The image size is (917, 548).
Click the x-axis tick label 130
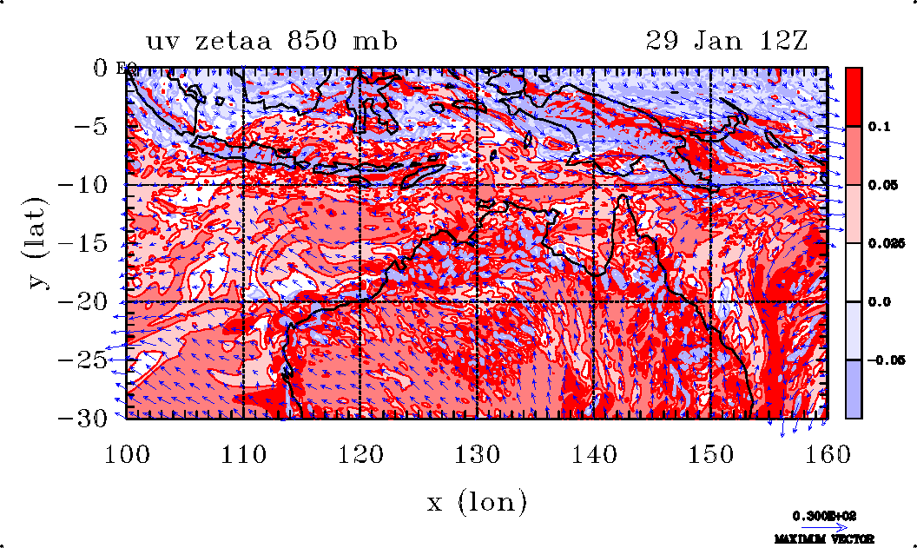pyautogui.click(x=477, y=452)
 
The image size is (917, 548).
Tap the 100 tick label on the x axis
pyautogui.click(x=127, y=452)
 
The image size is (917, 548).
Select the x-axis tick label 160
pyautogui.click(x=827, y=452)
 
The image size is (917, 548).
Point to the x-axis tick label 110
pyautogui.click(x=243, y=452)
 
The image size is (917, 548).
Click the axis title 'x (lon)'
pyautogui.click(x=477, y=501)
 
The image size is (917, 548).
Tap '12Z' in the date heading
pyautogui.click(x=784, y=41)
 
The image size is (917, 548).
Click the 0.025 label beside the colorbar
pyautogui.click(x=880, y=244)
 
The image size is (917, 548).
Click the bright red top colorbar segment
pyautogui.click(x=854, y=96)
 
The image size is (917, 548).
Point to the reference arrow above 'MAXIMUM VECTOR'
pyautogui.click(x=818, y=526)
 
